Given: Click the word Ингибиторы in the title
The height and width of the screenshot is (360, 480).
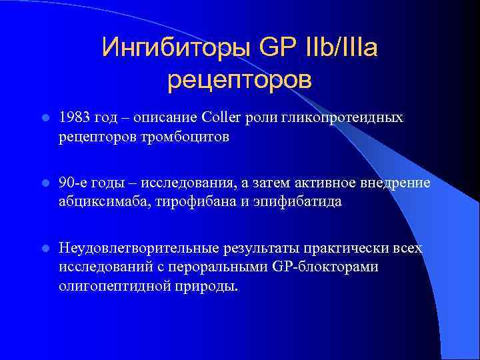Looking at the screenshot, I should [x=175, y=47].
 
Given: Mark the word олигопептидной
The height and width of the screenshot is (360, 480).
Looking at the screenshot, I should [x=105, y=287].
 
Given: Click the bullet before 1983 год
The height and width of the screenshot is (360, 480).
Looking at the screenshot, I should [x=43, y=118].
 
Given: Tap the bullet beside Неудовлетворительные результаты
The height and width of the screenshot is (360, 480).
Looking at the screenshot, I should [x=43, y=248].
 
